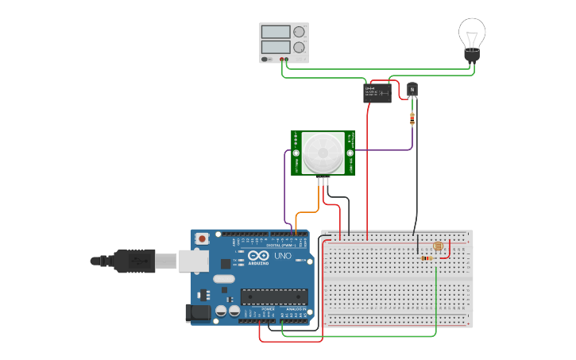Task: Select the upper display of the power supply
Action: click(275, 32)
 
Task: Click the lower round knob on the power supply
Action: click(299, 48)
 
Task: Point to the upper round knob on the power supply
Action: click(299, 32)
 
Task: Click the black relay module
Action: click(377, 93)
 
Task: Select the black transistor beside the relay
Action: click(412, 89)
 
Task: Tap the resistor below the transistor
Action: click(412, 119)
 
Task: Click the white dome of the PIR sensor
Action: click(323, 152)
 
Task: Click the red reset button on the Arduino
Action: click(203, 238)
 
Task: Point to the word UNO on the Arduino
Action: click(280, 257)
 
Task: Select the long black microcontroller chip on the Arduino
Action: click(274, 296)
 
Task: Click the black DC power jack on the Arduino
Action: click(198, 313)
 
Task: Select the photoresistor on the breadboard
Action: click(439, 246)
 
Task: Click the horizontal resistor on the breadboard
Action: click(427, 258)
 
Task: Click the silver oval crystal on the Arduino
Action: click(224, 278)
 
